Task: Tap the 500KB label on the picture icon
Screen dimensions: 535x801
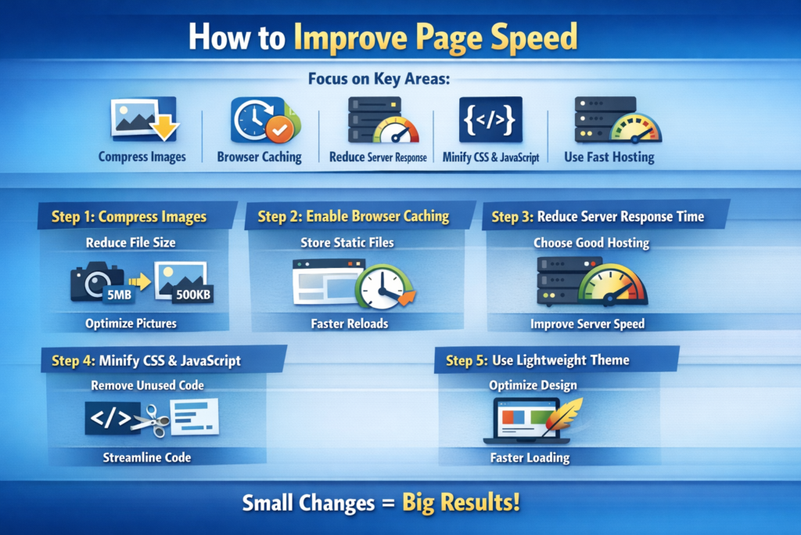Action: pos(192,295)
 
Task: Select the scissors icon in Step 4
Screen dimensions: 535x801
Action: pos(150,421)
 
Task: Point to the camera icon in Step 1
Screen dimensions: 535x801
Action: pos(95,280)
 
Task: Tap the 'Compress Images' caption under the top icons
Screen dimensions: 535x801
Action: pos(142,157)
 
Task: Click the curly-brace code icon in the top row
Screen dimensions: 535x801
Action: pos(490,120)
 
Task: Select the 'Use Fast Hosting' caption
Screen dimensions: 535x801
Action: pos(609,157)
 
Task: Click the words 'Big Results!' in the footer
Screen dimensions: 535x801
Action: pos(461,502)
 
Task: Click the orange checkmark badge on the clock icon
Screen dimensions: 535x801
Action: pos(278,128)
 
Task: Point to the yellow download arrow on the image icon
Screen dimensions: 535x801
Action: pos(163,126)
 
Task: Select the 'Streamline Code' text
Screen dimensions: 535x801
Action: pos(146,457)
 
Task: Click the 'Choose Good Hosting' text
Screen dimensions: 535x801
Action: pos(591,243)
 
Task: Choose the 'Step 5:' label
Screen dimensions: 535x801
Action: pos(467,360)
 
